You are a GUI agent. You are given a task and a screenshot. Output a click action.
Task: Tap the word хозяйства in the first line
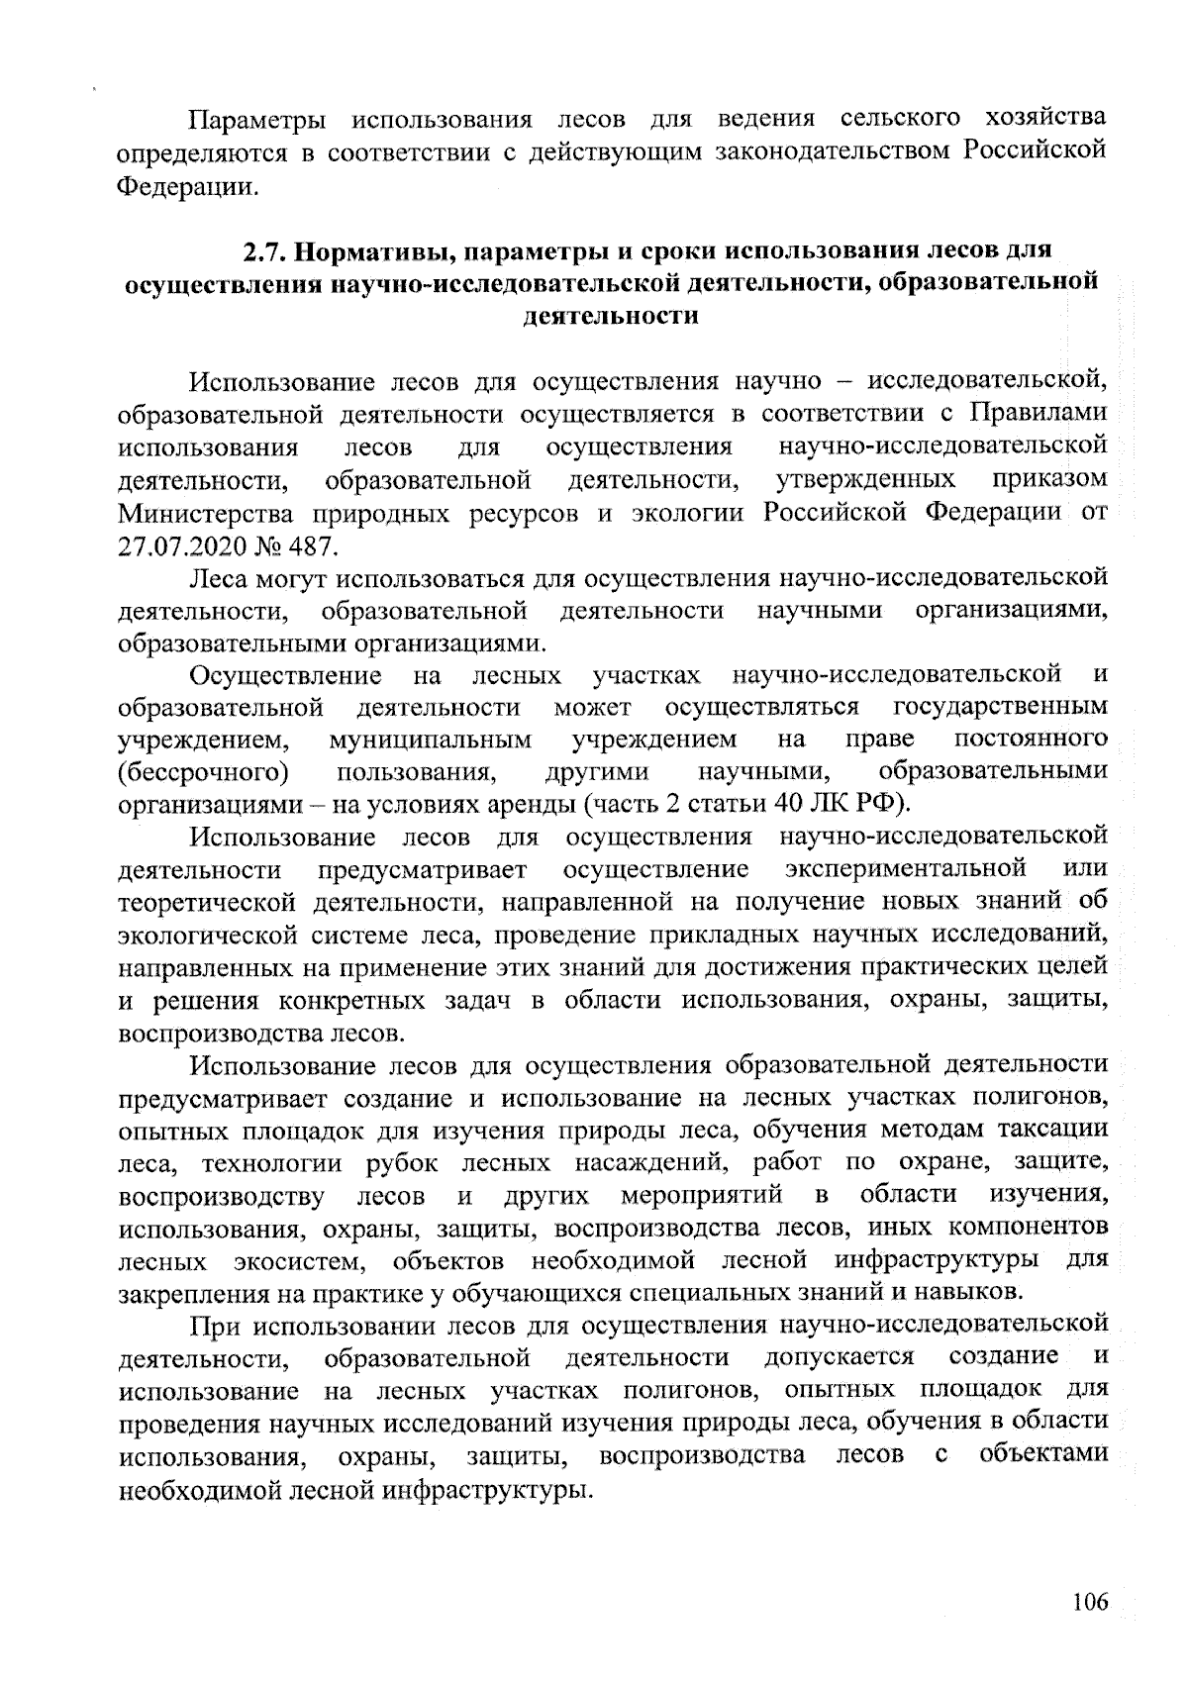point(1046,120)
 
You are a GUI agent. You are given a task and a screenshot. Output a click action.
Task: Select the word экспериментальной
point(905,870)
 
